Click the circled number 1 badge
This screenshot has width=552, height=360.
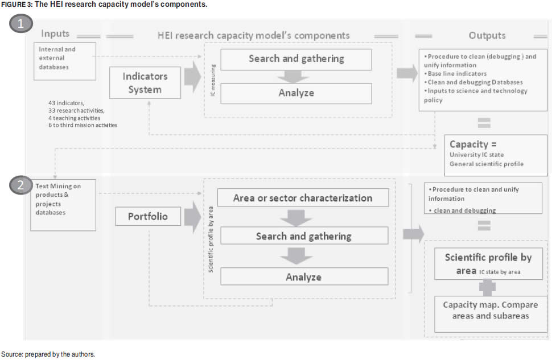click(x=20, y=24)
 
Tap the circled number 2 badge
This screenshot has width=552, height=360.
click(x=20, y=185)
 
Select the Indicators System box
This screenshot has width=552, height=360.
click(x=145, y=82)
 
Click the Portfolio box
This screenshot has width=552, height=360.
click(x=148, y=217)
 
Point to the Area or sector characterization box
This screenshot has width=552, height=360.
click(x=303, y=198)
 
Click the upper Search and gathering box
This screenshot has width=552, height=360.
click(x=296, y=59)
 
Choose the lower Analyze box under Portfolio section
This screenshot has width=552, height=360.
click(x=303, y=277)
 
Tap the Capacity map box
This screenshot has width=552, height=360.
click(x=490, y=313)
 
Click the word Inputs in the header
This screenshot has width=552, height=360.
click(x=55, y=35)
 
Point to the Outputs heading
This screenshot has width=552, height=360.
click(x=487, y=35)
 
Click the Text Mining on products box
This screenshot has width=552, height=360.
click(x=63, y=205)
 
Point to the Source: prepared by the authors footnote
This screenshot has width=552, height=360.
click(x=47, y=354)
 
